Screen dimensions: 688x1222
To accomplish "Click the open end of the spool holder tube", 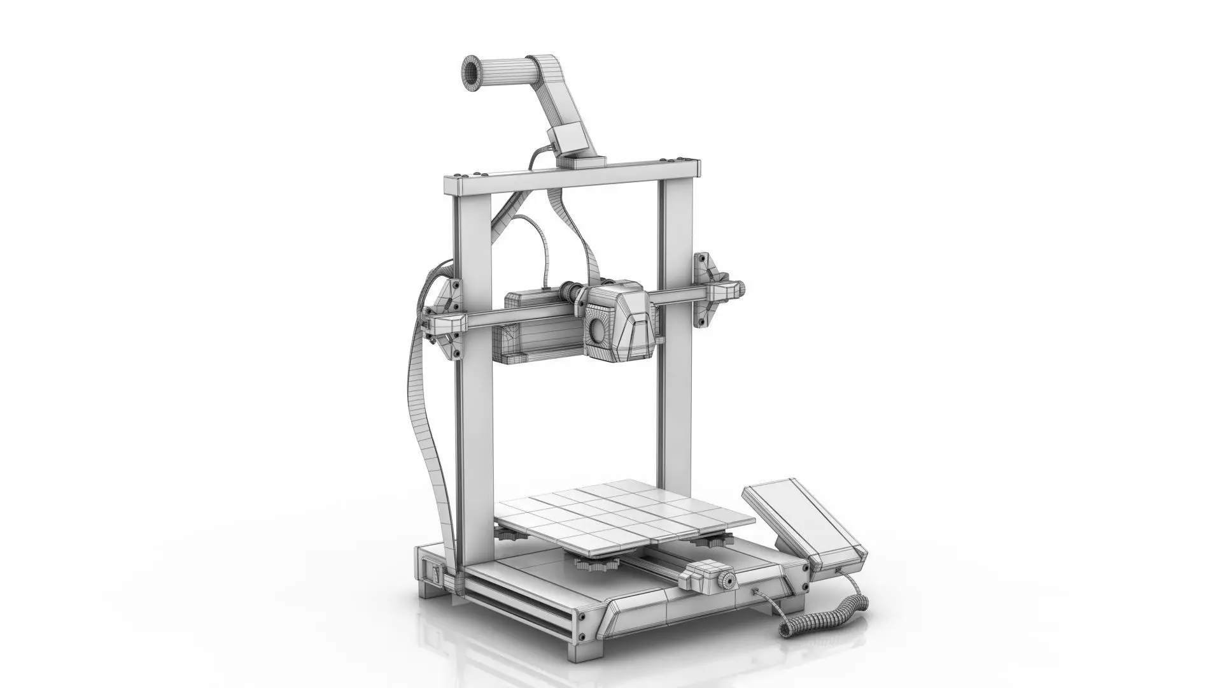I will point(472,72).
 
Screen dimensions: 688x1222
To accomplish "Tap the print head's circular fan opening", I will point(598,329).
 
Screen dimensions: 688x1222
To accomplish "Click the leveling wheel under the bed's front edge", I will point(596,564).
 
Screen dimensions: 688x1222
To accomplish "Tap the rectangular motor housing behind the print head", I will point(541,331).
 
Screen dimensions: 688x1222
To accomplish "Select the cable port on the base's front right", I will point(755,592).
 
